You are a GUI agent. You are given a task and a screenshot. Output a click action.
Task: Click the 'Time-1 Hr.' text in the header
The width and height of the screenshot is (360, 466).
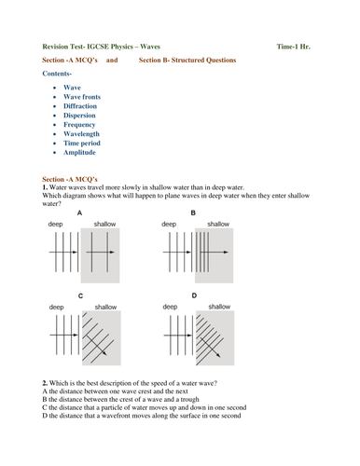pos(294,47)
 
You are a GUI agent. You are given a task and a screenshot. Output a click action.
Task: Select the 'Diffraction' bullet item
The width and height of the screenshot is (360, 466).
pos(80,106)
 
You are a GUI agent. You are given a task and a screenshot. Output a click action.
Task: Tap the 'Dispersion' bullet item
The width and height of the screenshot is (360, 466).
pos(79,116)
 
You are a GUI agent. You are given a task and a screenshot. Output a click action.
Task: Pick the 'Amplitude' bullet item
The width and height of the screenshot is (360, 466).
pos(79,152)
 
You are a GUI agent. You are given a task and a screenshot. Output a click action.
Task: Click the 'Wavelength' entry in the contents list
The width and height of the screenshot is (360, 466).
pos(81,134)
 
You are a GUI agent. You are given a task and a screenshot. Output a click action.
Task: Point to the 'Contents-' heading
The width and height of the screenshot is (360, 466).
pos(57,74)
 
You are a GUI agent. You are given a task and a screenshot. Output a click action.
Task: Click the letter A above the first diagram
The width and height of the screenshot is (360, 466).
pos(79,212)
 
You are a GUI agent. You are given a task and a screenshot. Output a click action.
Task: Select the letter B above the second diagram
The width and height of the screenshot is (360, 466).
pos(193,212)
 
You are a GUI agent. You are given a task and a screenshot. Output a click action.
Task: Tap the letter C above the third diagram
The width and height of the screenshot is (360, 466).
pos(80,295)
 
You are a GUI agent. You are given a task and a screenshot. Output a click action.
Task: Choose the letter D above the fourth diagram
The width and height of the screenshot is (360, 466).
pos(194,295)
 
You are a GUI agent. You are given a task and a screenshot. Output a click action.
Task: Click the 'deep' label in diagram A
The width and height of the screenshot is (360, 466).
pos(55,224)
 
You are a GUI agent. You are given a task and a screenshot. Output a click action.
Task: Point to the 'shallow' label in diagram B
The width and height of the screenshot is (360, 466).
pos(218,224)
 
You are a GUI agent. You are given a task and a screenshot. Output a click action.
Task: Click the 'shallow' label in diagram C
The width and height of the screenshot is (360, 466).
pos(105,307)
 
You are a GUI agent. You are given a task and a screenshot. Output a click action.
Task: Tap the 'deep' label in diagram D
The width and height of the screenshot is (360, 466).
pos(170,307)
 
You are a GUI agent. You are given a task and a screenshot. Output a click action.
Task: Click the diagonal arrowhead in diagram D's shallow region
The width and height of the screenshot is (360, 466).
pos(218,355)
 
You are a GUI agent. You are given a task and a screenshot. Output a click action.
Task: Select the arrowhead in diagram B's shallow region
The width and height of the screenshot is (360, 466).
pos(226,252)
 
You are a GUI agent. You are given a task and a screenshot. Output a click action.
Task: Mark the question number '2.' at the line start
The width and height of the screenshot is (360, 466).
pos(45,383)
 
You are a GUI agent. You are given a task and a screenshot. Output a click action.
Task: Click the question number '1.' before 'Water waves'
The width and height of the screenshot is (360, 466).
pos(45,187)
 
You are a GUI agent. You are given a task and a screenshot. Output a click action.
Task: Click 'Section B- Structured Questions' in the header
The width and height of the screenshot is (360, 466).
pos(187,60)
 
